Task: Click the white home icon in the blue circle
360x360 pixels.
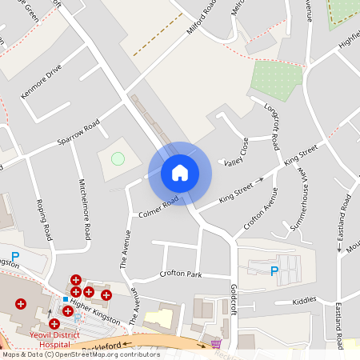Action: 180,173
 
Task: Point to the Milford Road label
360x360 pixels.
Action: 201,18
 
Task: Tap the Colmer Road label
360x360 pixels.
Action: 158,208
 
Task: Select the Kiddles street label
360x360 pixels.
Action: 304,301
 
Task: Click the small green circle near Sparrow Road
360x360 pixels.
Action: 118,158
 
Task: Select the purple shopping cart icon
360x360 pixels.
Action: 215,345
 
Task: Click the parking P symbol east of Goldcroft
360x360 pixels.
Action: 274,271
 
